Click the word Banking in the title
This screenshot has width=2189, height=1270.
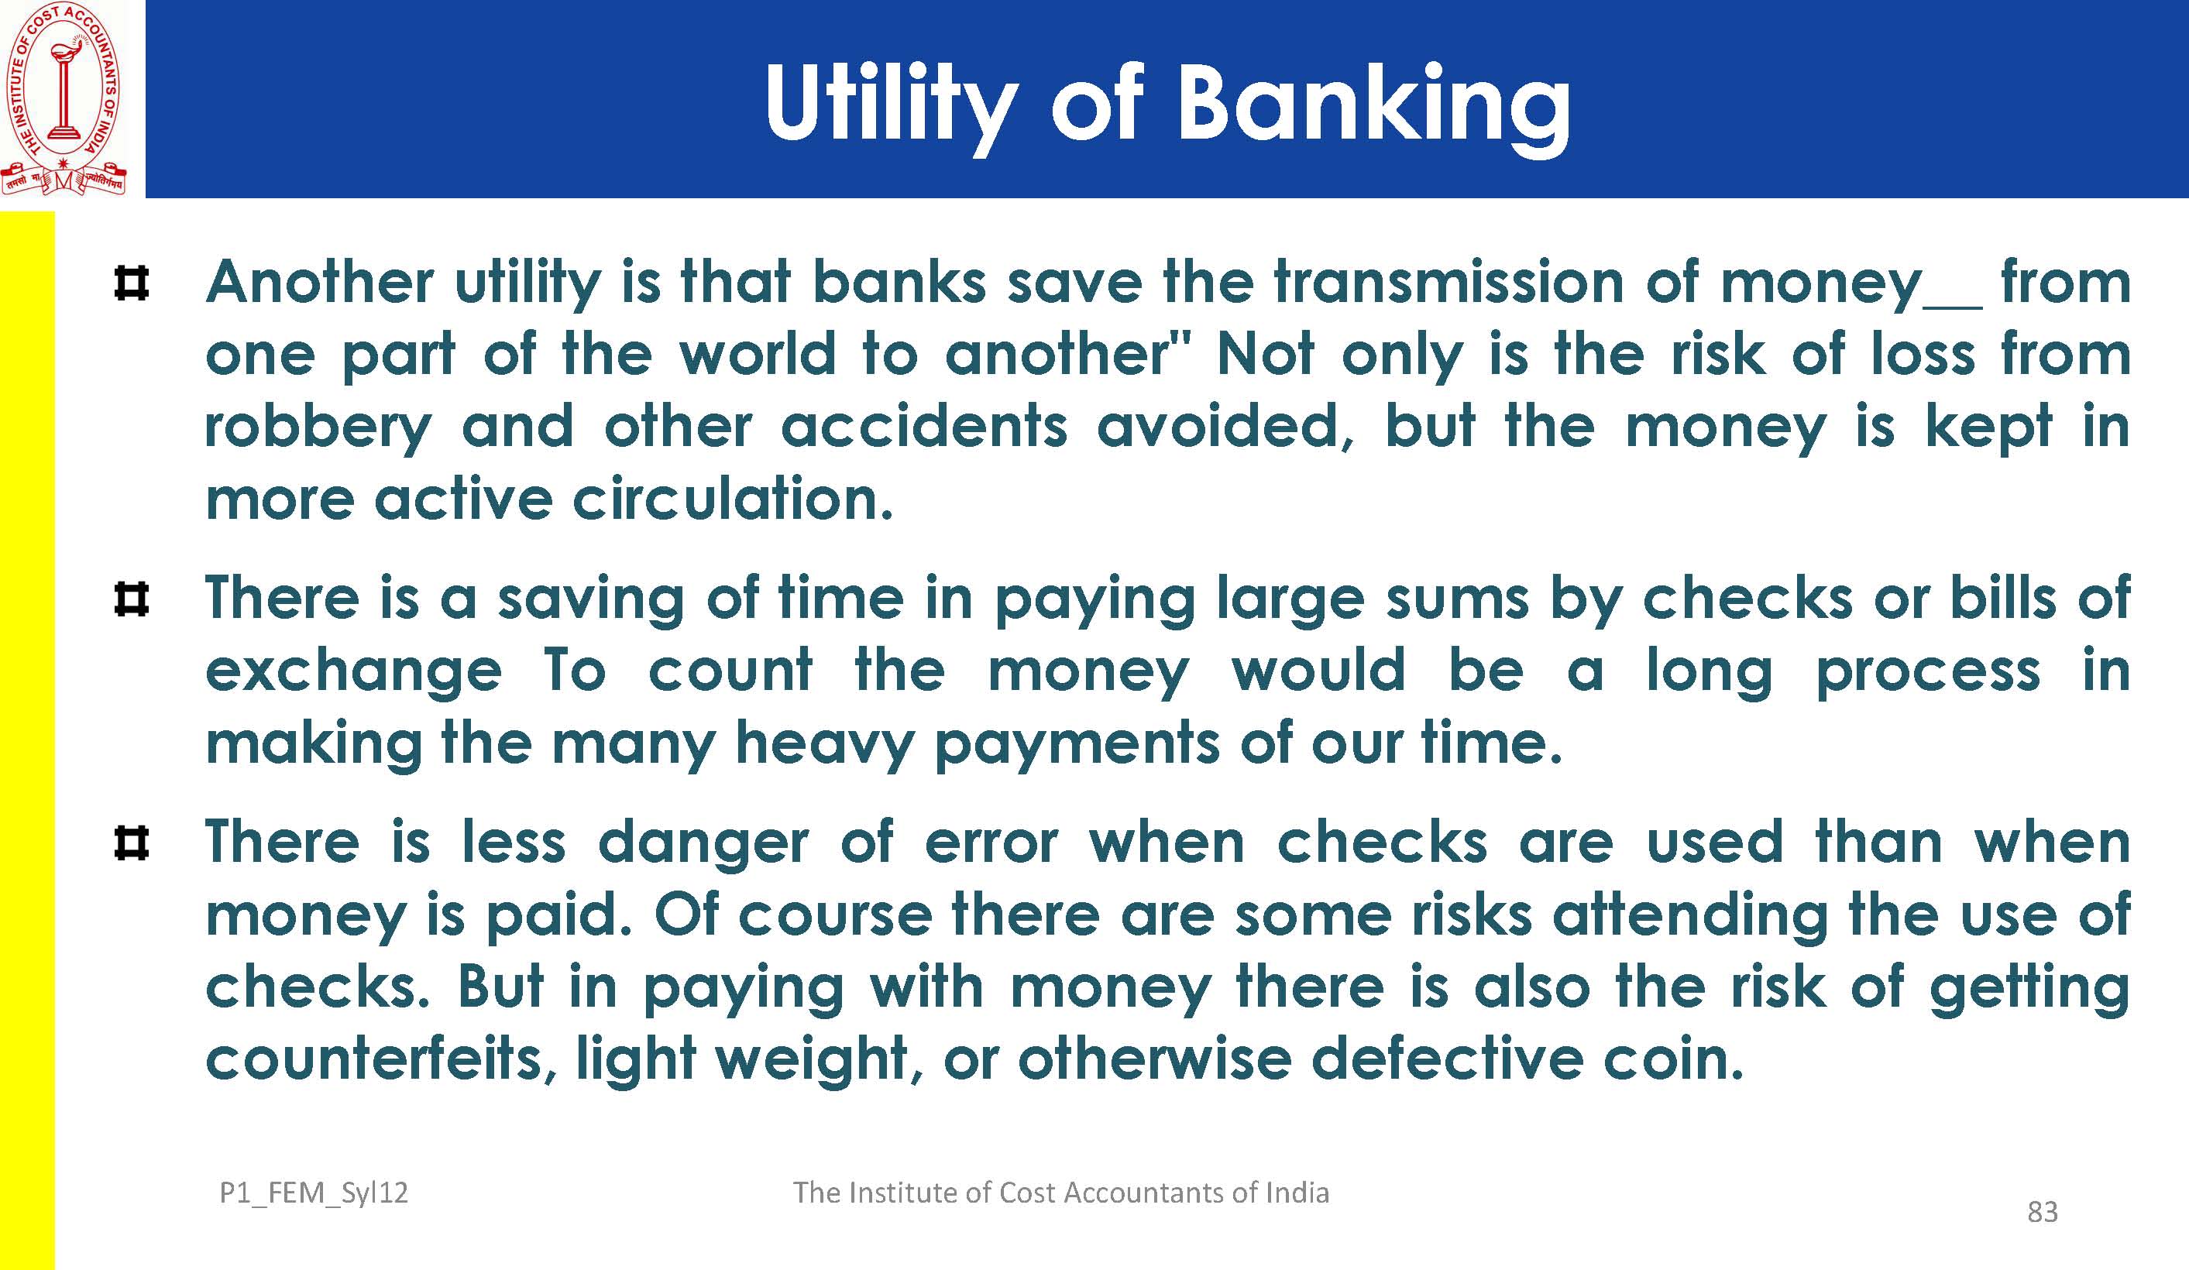coord(1373,107)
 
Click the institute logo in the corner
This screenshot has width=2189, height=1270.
coord(64,98)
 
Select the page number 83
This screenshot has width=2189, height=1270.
coord(2042,1212)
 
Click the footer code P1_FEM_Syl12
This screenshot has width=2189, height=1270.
coord(314,1193)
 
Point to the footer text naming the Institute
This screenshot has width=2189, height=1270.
coord(1060,1193)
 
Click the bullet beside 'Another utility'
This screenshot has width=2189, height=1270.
coord(131,283)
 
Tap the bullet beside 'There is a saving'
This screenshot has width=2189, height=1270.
coord(131,599)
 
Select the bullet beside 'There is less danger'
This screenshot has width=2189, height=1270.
coord(131,843)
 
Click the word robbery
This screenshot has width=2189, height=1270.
coord(318,428)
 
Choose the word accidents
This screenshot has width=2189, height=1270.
coord(924,427)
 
